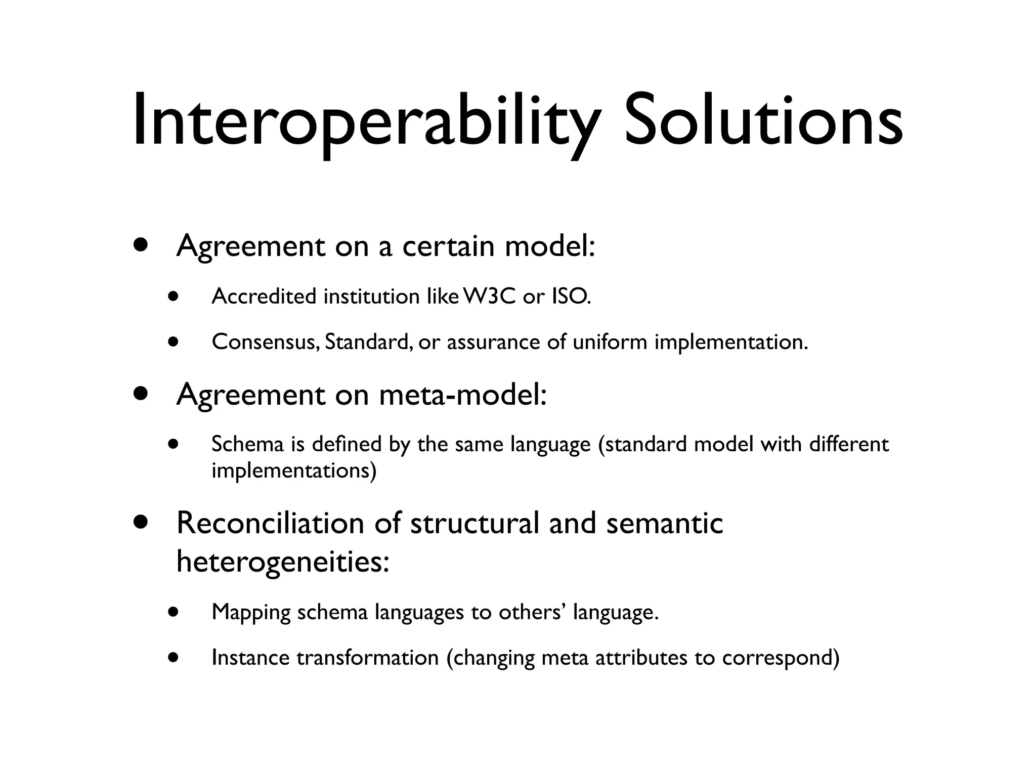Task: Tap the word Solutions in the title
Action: point(763,121)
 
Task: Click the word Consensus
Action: point(266,342)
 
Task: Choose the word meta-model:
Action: point(463,395)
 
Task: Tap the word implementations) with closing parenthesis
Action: point(294,471)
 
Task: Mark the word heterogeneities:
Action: point(283,562)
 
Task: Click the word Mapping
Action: point(251,613)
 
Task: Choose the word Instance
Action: point(250,658)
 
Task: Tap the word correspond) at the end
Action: point(781,658)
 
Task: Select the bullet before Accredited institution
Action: point(174,296)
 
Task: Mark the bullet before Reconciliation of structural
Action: point(141,522)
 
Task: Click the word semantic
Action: point(664,523)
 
